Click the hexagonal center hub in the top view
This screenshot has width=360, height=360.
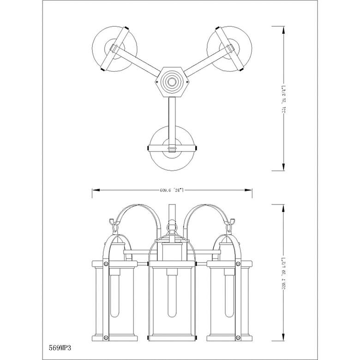tap(172, 82)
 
